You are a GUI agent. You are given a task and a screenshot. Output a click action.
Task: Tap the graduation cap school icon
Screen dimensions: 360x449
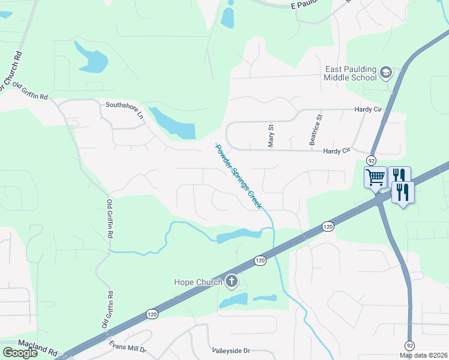[385, 73]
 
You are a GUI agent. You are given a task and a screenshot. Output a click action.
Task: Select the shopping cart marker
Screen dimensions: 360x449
[375, 177]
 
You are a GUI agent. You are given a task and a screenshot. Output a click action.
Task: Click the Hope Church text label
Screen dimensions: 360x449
[198, 281]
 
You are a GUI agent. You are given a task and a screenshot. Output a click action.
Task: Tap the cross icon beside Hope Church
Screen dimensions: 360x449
[232, 281]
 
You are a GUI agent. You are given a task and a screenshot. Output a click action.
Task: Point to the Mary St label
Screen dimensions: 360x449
[270, 136]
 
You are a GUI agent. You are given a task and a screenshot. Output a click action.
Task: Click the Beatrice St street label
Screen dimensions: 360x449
[312, 130]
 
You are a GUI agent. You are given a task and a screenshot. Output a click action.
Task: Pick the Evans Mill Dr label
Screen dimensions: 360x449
[127, 346]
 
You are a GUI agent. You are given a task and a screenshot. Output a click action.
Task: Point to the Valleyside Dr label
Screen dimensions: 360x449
[231, 350]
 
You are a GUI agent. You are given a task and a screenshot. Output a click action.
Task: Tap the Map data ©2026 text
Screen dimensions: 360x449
[424, 355]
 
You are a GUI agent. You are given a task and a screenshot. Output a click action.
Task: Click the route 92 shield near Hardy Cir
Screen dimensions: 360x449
[372, 160]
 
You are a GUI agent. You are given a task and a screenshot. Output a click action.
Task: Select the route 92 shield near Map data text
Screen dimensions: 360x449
[409, 346]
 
